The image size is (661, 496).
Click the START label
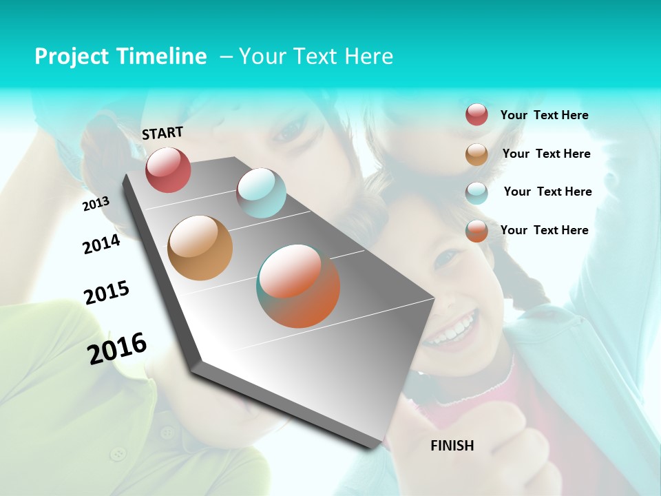pyautogui.click(x=162, y=132)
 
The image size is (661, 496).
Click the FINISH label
pyautogui.click(x=452, y=446)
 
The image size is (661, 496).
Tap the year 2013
pyautogui.click(x=96, y=204)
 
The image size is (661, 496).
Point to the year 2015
pyautogui.click(x=107, y=292)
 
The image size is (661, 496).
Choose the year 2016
pyautogui.click(x=117, y=348)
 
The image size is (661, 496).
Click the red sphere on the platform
pyautogui.click(x=168, y=169)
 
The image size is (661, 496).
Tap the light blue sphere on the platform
pyautogui.click(x=261, y=193)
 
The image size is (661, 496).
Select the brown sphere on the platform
pyautogui.click(x=200, y=248)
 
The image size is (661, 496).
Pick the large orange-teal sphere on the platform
pyautogui.click(x=298, y=286)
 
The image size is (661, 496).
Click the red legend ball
pyautogui.click(x=476, y=114)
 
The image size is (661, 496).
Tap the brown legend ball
pyautogui.click(x=476, y=154)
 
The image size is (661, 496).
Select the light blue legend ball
pyautogui.click(x=476, y=192)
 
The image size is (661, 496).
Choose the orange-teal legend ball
pyautogui.click(x=476, y=231)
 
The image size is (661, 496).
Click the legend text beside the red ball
pyautogui.click(x=544, y=115)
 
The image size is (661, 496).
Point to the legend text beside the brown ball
pyautogui.click(x=546, y=154)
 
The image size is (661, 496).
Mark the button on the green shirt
pyautogui.click(x=119, y=453)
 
